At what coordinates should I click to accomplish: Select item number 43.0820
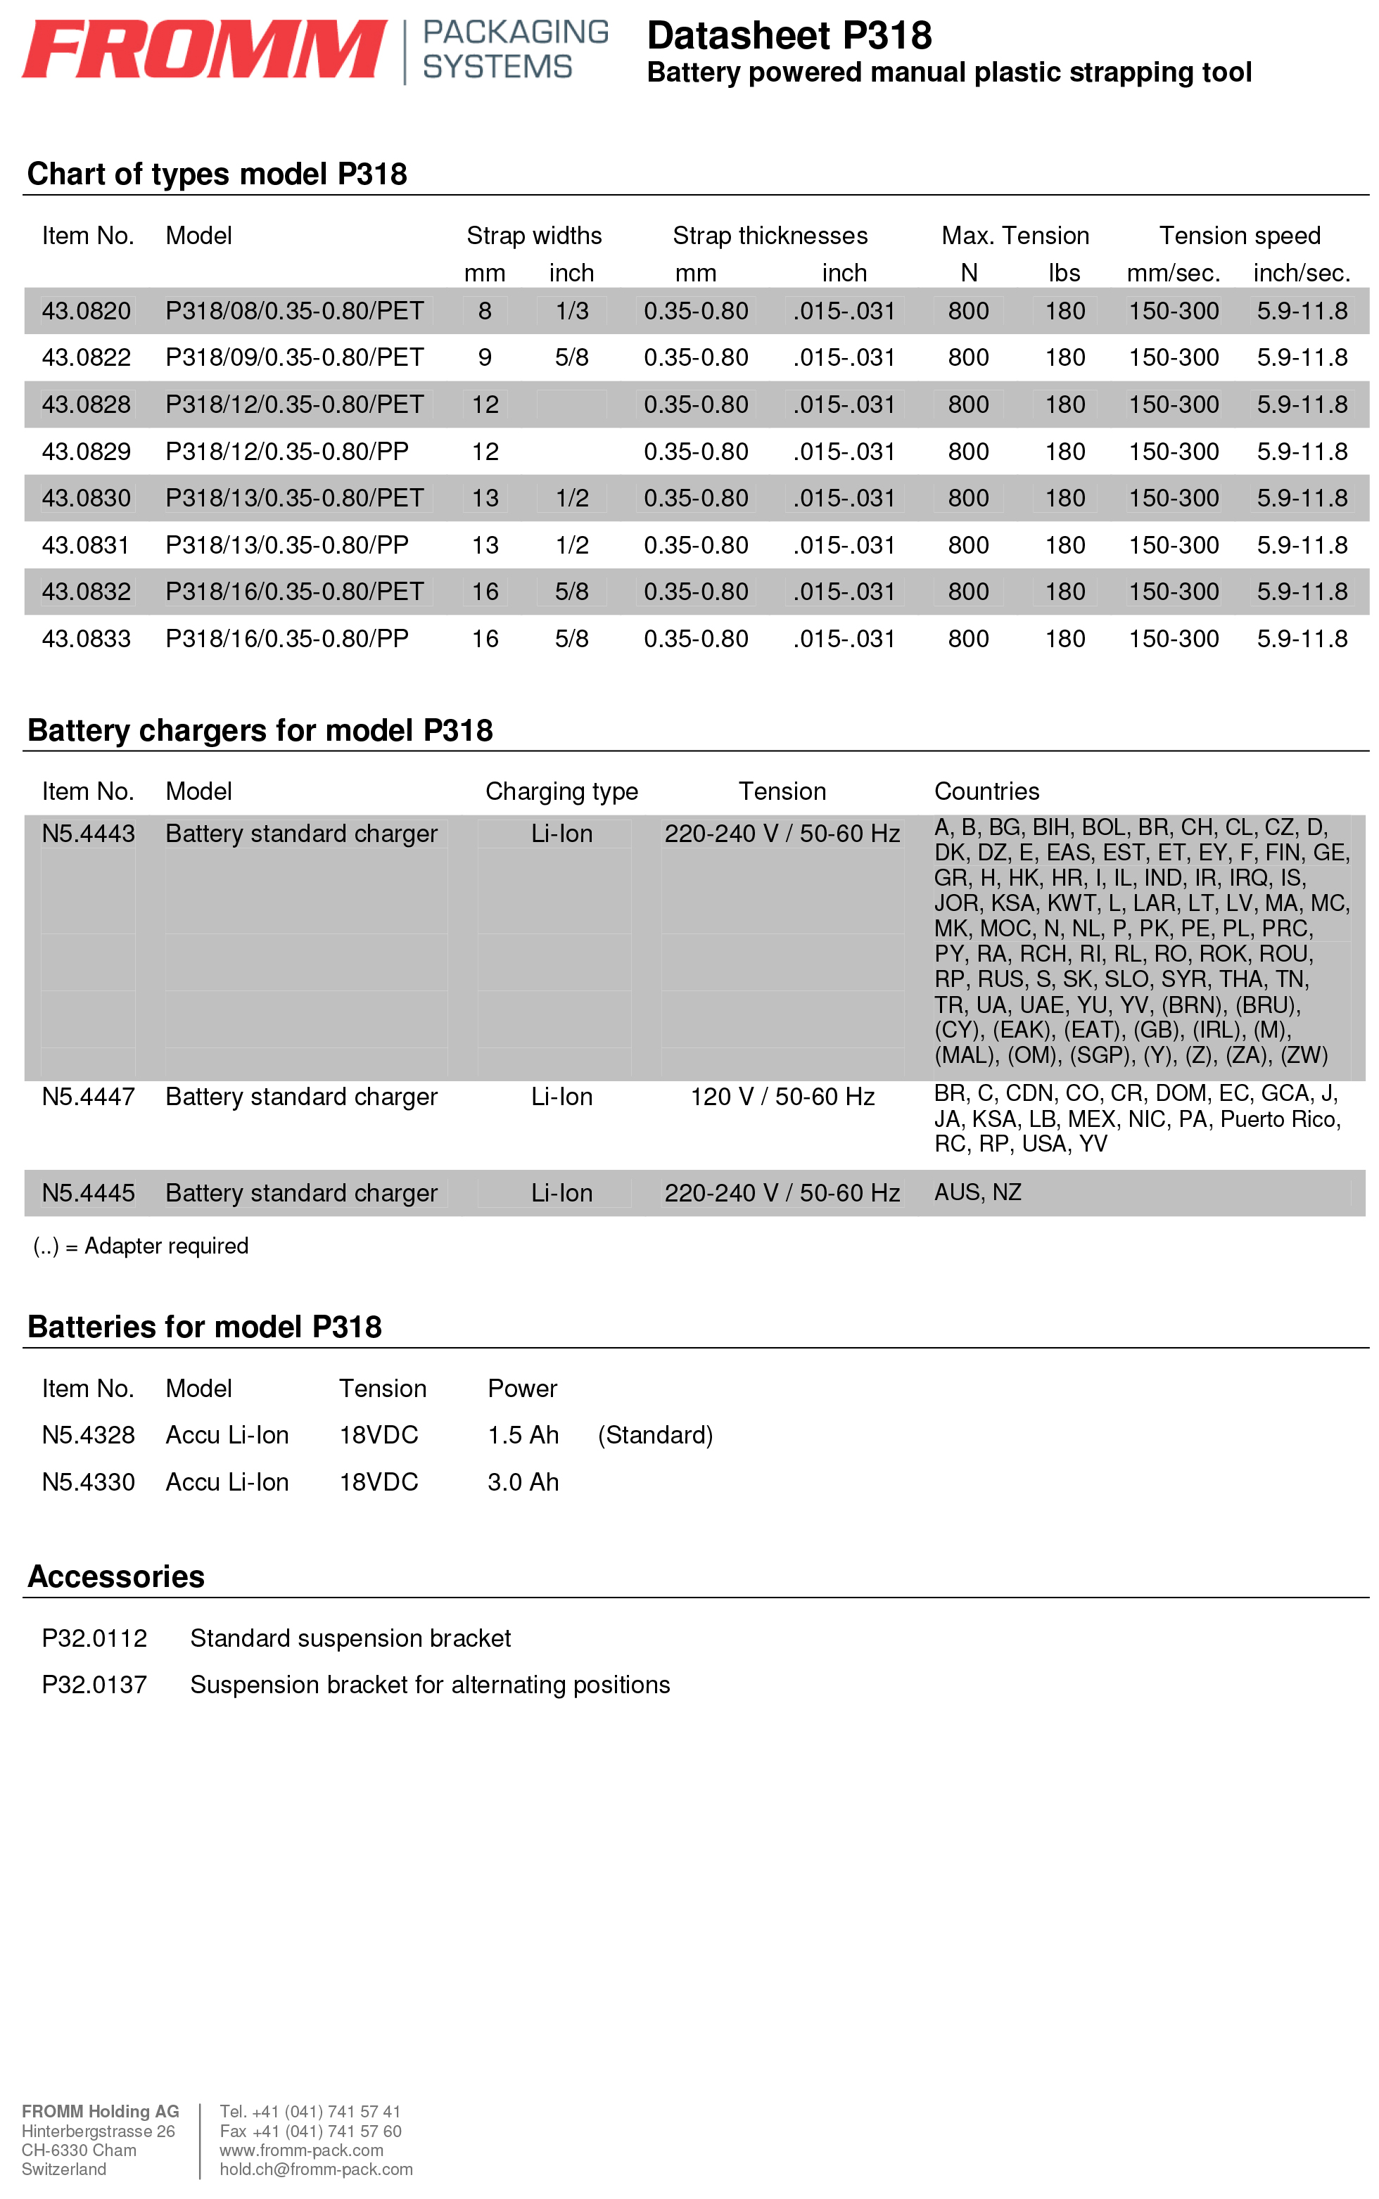pos(87,311)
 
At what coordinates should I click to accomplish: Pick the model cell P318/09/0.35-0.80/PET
pos(295,357)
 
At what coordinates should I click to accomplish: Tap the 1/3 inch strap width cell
pos(572,311)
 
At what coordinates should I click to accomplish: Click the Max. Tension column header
pos(1015,235)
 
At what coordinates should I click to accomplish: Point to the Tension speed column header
pos(1240,235)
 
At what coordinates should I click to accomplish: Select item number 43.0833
pos(87,638)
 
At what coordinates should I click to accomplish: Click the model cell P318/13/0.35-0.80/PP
pos(286,545)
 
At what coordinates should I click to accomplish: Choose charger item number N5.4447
pos(89,1096)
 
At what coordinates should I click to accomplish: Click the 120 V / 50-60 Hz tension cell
pos(782,1096)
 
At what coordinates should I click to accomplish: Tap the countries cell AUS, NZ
pos(978,1192)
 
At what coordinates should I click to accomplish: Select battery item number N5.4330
pos(89,1481)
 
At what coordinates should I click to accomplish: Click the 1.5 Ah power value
pos(523,1435)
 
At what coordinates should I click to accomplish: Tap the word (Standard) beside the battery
pos(655,1435)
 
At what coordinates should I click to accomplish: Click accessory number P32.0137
pos(94,1684)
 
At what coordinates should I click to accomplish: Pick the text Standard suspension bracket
pos(350,1638)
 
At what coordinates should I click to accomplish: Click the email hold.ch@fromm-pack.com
pos(316,2169)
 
